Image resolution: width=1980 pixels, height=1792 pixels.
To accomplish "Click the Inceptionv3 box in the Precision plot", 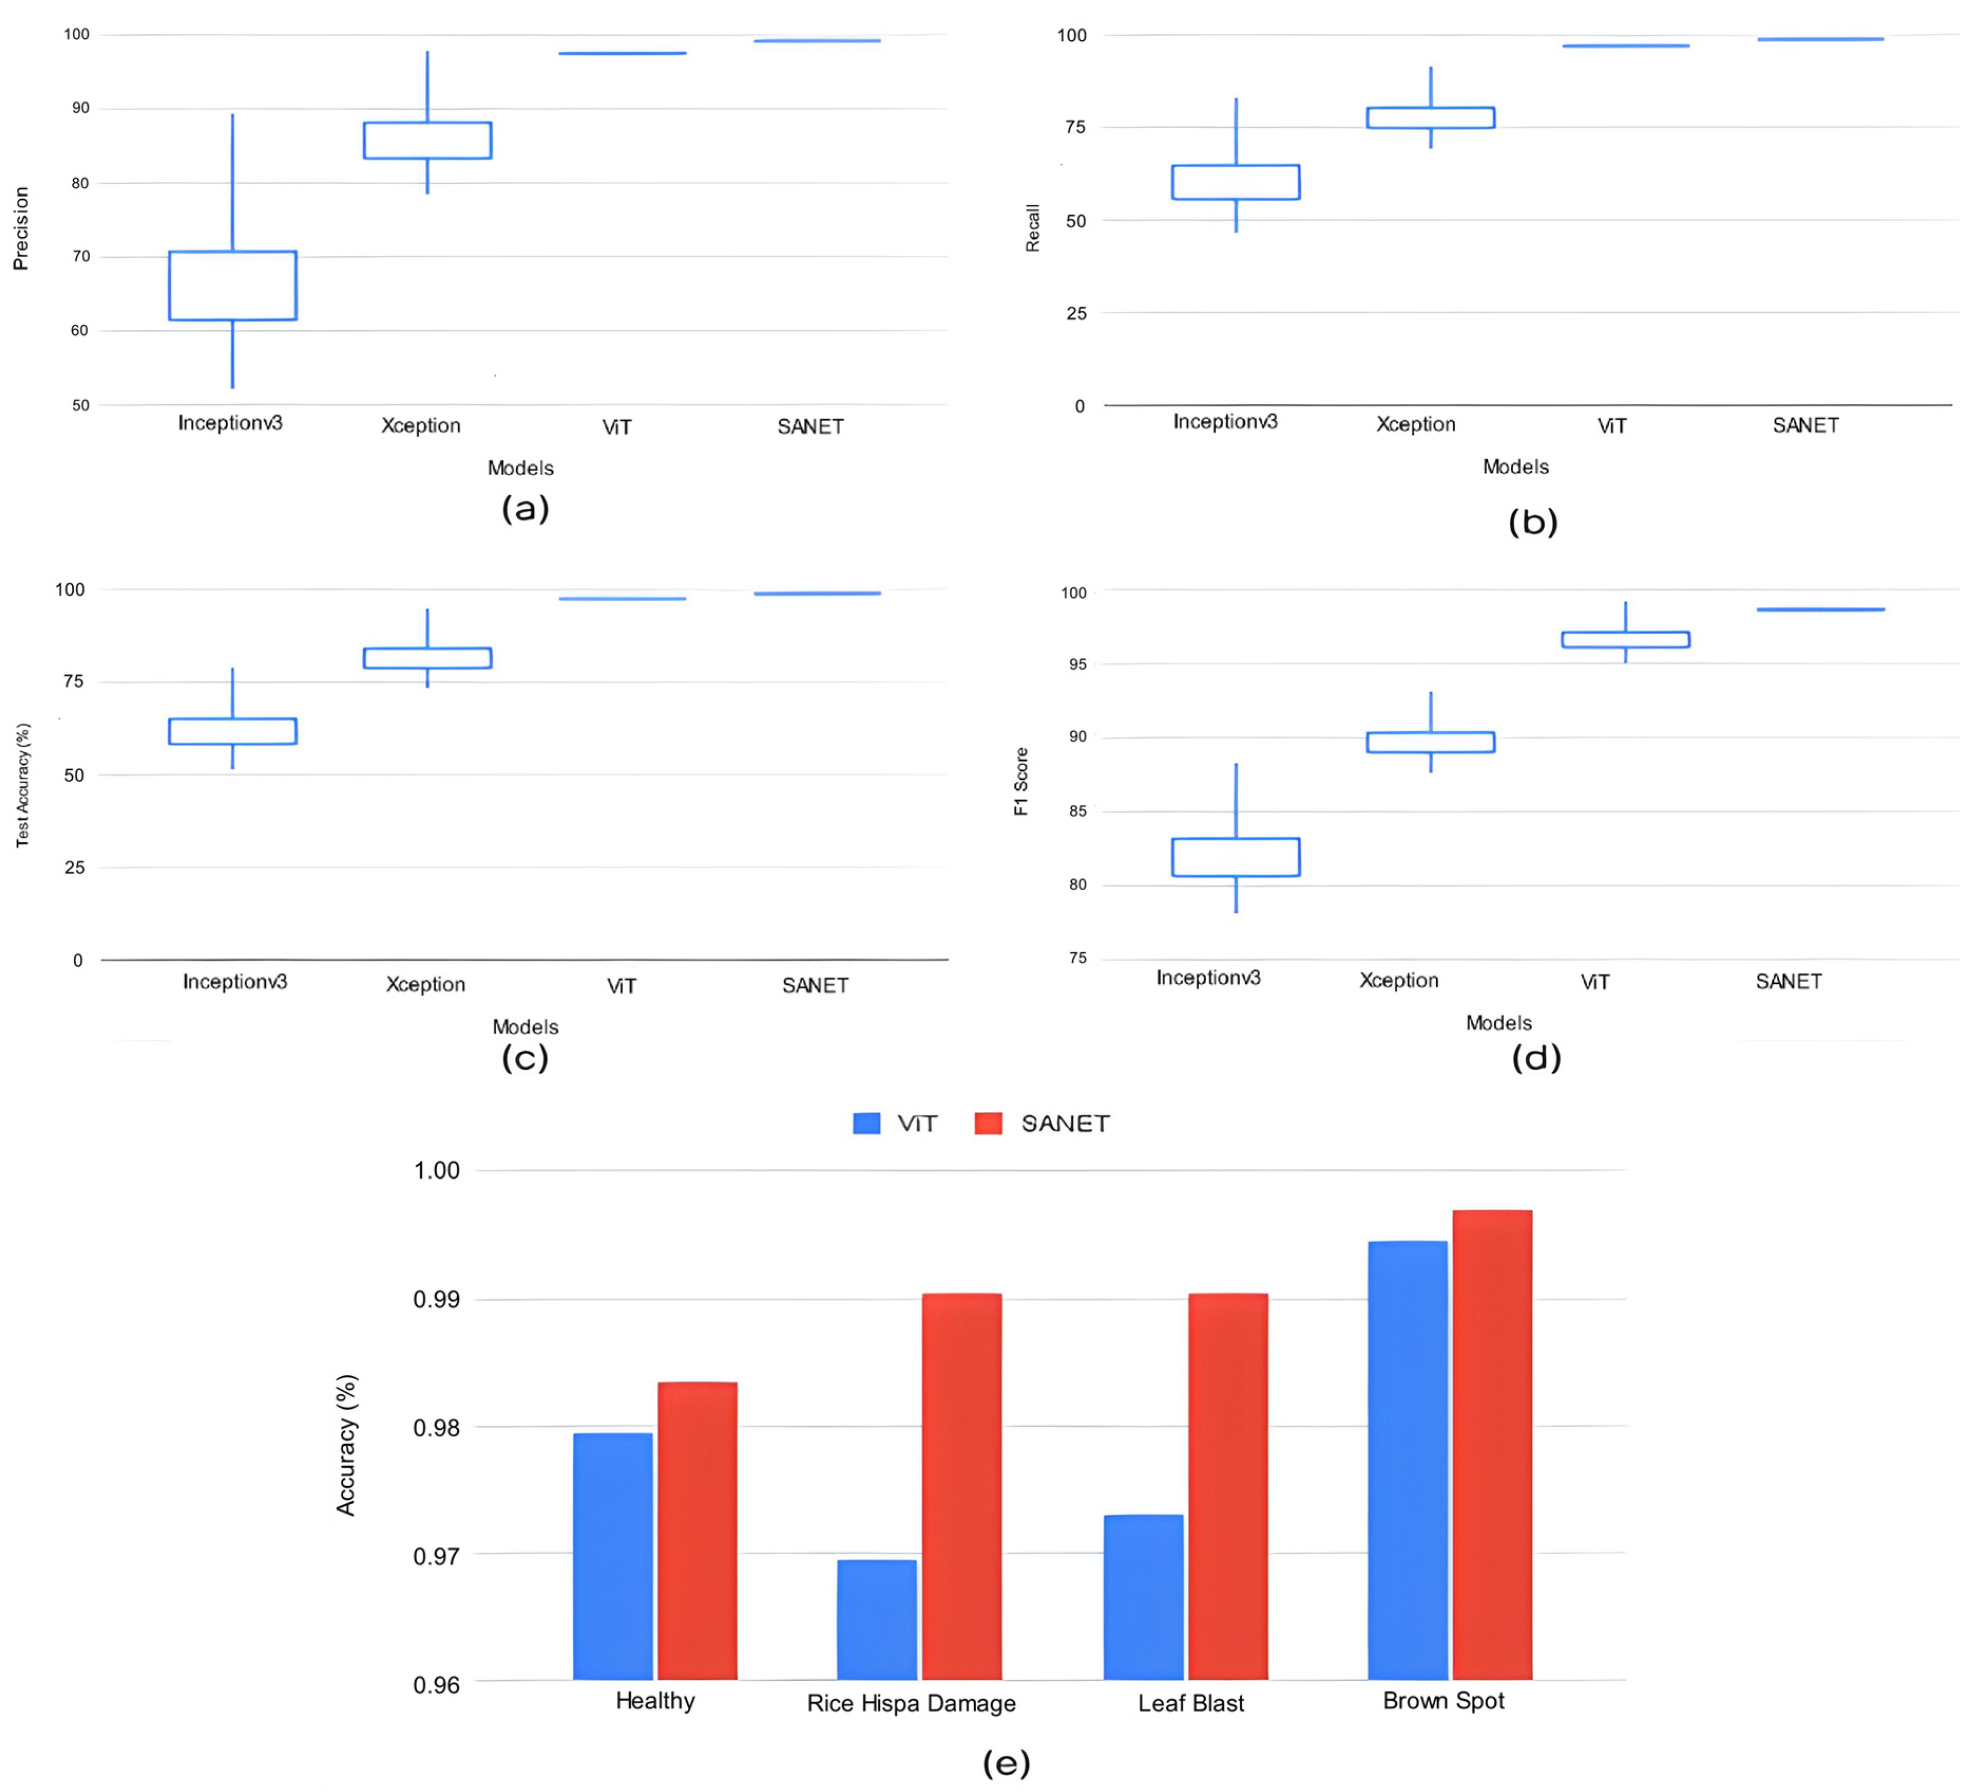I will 233,286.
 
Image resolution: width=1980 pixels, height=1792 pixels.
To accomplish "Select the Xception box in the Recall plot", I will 1431,118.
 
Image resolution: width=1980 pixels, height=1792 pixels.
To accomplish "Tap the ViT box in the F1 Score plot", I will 1626,639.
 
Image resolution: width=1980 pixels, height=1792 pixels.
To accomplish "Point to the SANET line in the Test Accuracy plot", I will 817,593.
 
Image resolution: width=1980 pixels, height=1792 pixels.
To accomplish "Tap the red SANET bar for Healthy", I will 697,1531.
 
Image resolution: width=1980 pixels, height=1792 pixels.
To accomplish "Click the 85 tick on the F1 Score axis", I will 1078,811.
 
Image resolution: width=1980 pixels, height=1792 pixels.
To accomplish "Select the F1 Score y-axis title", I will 1022,782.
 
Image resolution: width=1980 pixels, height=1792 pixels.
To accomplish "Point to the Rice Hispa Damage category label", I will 911,1703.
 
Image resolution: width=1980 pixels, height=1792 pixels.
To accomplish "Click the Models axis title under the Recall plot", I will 1515,467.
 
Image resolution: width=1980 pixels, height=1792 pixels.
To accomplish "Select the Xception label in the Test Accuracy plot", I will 425,984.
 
